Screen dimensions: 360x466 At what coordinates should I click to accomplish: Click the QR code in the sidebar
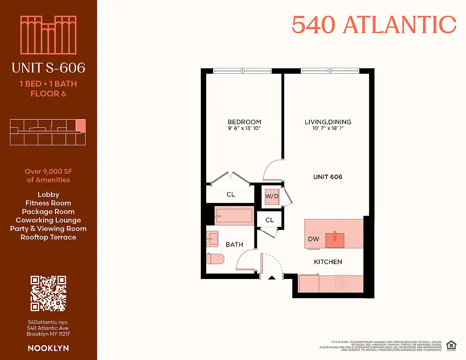click(x=48, y=293)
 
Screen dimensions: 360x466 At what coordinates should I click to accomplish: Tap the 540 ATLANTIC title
click(x=374, y=25)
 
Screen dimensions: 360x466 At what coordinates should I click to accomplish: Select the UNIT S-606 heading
click(x=48, y=68)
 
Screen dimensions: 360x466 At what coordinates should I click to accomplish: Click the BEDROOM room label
click(x=244, y=122)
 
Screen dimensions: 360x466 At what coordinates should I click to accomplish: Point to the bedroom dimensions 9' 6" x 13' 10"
click(x=244, y=128)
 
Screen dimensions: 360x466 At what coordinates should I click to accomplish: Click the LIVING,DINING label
click(x=328, y=122)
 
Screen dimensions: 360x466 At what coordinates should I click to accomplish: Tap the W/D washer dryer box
click(x=271, y=196)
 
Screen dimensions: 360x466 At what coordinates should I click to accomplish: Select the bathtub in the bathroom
click(x=234, y=216)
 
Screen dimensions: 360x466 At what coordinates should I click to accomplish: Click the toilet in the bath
click(x=215, y=259)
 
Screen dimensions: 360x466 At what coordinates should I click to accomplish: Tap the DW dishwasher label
click(x=314, y=239)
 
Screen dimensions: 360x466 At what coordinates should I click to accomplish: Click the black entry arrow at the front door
click(x=271, y=278)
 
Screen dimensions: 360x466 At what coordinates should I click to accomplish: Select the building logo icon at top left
click(x=48, y=35)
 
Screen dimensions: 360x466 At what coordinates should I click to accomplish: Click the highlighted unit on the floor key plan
click(x=80, y=125)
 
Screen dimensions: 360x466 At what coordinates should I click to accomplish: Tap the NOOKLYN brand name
click(x=48, y=348)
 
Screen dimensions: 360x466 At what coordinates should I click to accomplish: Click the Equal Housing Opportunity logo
click(x=450, y=345)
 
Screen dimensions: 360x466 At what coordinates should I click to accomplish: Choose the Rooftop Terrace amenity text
click(x=48, y=237)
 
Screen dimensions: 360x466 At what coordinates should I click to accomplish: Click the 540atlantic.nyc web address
click(x=48, y=322)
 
